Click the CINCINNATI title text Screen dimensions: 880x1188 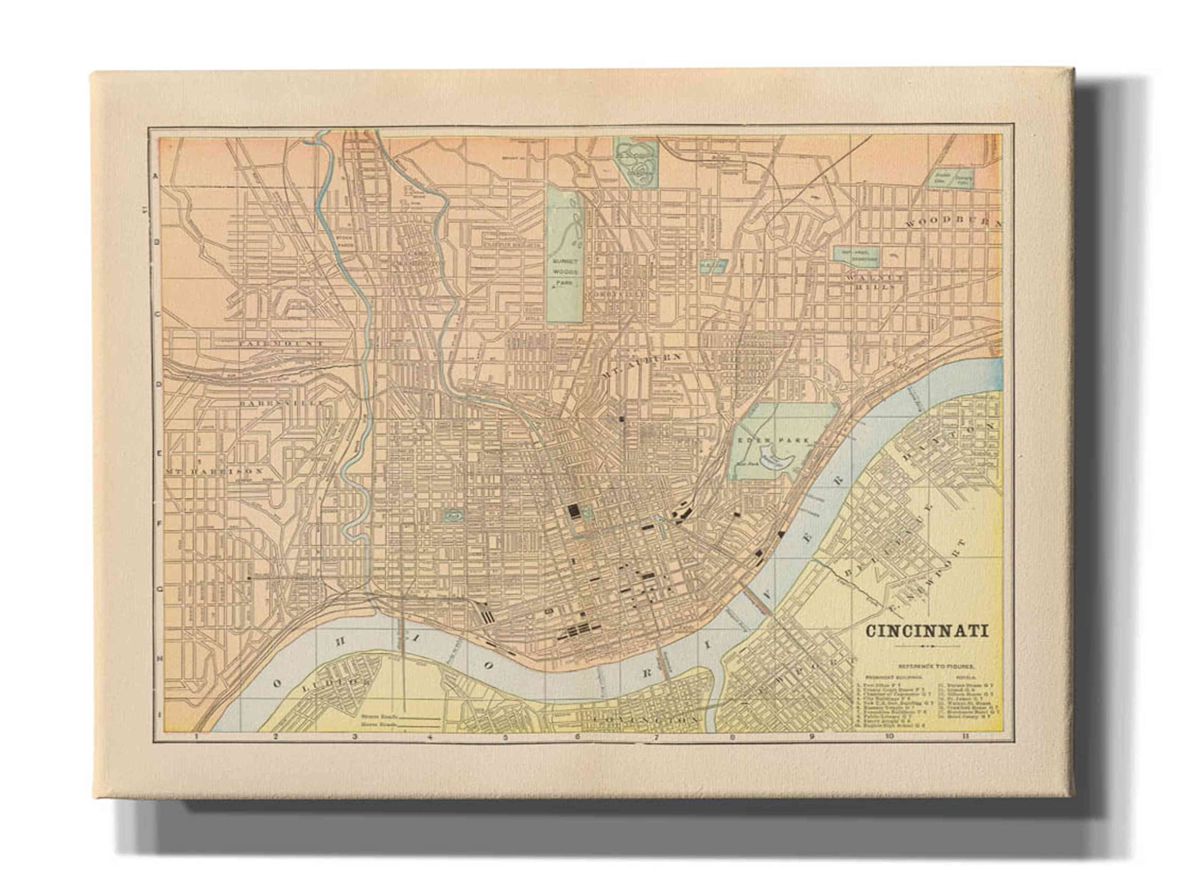[927, 631]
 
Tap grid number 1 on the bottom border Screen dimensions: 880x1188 [197, 738]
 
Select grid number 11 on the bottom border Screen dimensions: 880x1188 [965, 737]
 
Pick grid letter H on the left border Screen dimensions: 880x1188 [157, 658]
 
